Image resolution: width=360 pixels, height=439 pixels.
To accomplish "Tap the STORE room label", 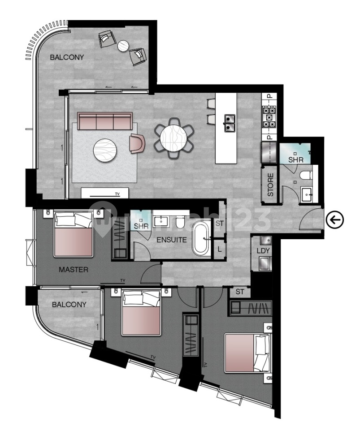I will tap(270, 185).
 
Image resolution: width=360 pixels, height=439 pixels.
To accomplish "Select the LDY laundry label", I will tap(263, 251).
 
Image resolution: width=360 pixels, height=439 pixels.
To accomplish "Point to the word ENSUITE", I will tap(171, 240).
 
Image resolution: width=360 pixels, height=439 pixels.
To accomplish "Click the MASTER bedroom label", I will tap(74, 270).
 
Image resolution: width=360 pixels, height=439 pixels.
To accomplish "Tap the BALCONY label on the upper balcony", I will tap(67, 57).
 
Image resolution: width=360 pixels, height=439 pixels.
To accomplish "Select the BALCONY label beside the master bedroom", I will tap(69, 304).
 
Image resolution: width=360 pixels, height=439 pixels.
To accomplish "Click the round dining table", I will tap(175, 138).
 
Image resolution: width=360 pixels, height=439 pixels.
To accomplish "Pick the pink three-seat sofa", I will tap(105, 121).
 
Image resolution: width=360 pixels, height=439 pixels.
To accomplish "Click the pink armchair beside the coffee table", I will tap(137, 143).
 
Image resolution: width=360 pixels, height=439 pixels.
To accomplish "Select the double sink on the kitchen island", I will tap(230, 122).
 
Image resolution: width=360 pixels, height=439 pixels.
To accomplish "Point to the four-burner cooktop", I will tap(269, 117).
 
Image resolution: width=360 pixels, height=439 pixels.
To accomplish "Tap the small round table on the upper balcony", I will tap(123, 46).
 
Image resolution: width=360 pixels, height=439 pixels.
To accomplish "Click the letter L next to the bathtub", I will tap(219, 249).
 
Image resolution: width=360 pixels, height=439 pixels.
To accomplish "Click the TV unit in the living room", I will tap(105, 193).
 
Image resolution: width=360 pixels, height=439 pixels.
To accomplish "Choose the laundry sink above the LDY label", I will tap(265, 240).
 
